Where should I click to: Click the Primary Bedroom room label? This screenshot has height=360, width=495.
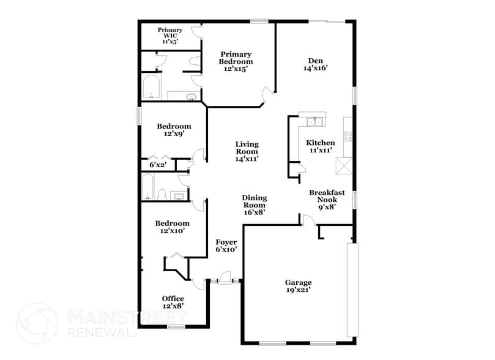pos(236,62)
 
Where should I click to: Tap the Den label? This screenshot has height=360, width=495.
pos(315,64)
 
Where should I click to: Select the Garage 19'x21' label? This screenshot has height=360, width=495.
pos(298,286)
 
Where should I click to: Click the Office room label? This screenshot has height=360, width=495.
pos(173,302)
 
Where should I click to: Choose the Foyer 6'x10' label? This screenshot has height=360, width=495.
pos(226,246)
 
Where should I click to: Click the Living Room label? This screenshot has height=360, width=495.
pos(247,151)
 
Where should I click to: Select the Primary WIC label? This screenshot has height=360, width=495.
pos(169,36)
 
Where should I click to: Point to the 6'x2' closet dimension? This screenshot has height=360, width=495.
pos(158,165)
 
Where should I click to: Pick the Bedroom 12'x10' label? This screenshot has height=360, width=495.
pos(172,227)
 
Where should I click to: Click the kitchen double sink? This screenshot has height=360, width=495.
pos(314,121)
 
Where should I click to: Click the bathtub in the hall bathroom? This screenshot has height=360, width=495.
pos(147,187)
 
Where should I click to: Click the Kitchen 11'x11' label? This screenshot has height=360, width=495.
pos(321,146)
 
